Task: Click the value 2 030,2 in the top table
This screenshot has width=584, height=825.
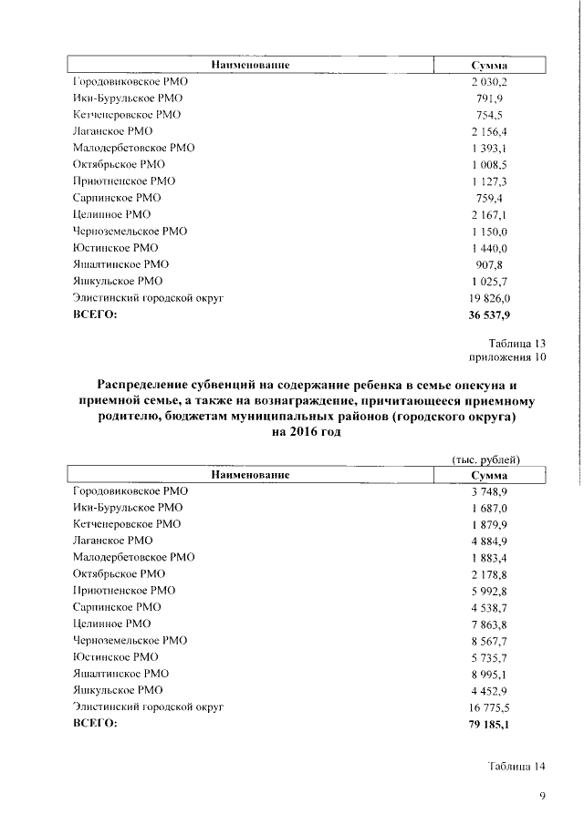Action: coord(489,82)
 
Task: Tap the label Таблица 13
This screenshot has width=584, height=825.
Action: coord(517,343)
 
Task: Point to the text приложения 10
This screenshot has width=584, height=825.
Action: coord(506,357)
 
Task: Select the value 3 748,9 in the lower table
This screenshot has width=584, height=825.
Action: coord(489,491)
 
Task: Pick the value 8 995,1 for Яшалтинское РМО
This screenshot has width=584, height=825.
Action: coord(489,674)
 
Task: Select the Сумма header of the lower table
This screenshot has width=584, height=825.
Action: coord(489,475)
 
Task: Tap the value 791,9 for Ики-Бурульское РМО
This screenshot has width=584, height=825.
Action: coord(489,98)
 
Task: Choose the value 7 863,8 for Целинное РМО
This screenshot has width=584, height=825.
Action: coord(489,624)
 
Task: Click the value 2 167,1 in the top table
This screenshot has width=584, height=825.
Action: coord(489,215)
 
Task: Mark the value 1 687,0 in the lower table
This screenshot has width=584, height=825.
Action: coord(489,508)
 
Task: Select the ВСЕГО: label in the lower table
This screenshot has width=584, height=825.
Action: coord(96,724)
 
